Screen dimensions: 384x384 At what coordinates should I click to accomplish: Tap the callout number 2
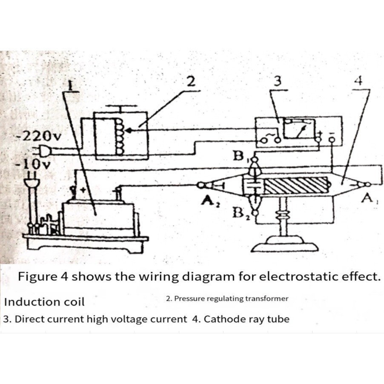192,80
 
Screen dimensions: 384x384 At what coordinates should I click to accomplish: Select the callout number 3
278,81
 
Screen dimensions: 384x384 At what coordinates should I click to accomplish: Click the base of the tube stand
284,247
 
